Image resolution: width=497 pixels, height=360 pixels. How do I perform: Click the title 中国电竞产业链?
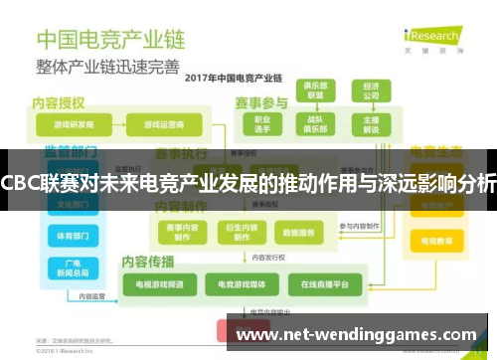click(x=109, y=41)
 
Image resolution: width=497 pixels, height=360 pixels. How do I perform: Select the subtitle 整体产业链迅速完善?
click(x=108, y=67)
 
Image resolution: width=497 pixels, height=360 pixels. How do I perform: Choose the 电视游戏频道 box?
click(x=152, y=284)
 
